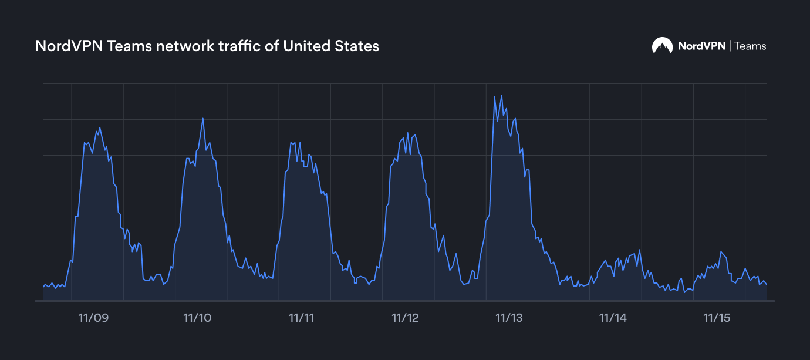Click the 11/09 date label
[x=93, y=318]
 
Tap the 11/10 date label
[x=197, y=318]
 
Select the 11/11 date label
[x=301, y=318]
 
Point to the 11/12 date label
[x=405, y=318]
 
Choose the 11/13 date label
[x=509, y=318]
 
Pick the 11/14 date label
[x=613, y=318]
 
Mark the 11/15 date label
[x=717, y=318]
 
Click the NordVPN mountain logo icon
[x=662, y=46]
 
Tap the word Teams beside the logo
[x=750, y=46]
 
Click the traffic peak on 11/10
[x=203, y=119]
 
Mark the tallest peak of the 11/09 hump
[x=100, y=127]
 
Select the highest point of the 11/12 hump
[x=407, y=133]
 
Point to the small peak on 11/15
[x=721, y=251]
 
